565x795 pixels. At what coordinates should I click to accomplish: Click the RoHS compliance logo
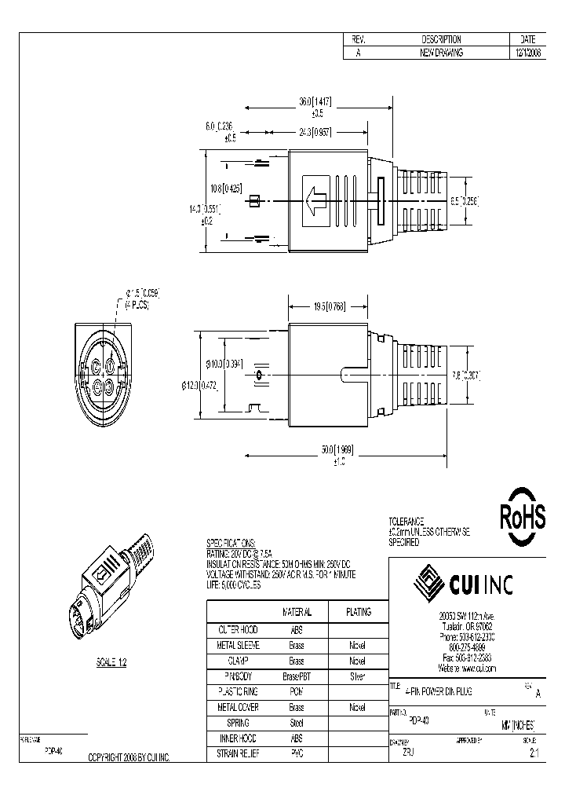[x=523, y=518]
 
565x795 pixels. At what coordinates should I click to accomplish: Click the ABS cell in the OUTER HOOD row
[x=297, y=629]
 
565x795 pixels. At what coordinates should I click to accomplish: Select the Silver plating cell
[x=358, y=676]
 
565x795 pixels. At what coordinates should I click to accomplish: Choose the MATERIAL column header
[x=297, y=612]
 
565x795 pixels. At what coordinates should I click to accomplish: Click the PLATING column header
[x=358, y=612]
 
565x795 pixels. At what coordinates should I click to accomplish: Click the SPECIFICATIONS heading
[x=231, y=543]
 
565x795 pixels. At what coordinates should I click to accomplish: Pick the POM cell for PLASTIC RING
[x=297, y=691]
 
